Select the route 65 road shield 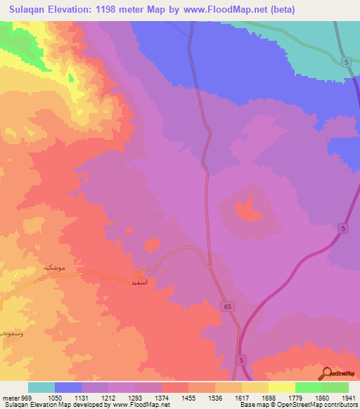[230, 306]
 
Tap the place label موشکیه [56, 268]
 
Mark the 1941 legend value [348, 397]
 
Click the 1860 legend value [322, 397]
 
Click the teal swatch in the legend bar [41, 387]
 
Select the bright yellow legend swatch [282, 387]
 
